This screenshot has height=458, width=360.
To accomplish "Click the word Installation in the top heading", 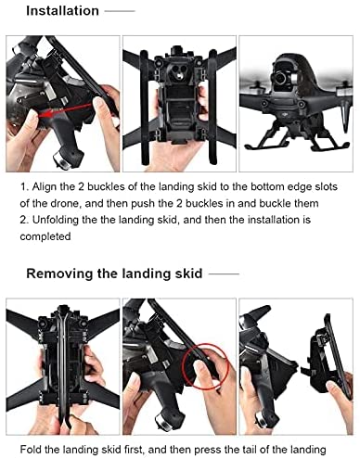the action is click(x=62, y=11).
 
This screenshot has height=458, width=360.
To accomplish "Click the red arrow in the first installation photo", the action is click(x=66, y=110).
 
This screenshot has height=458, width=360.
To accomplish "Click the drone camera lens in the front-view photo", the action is click(x=281, y=78).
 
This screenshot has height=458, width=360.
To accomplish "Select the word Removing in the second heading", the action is click(x=59, y=274).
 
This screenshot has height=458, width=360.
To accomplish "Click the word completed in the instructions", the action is click(x=45, y=236).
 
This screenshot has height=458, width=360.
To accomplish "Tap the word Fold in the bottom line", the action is click(x=31, y=450).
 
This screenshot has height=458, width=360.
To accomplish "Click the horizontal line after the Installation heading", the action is click(x=120, y=11).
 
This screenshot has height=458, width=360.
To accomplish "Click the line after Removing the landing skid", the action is click(x=224, y=274).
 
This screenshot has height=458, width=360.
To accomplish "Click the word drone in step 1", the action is click(x=65, y=204).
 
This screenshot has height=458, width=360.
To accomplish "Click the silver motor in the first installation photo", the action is click(x=61, y=159).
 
